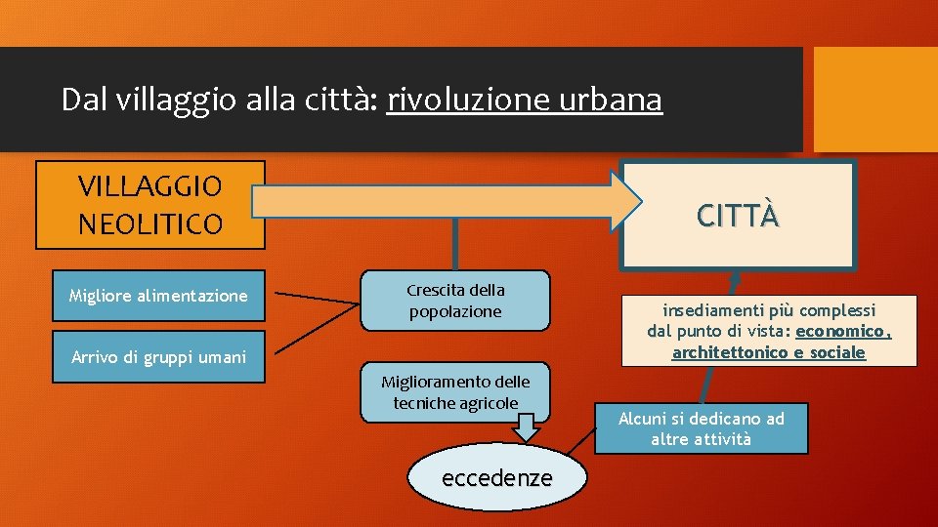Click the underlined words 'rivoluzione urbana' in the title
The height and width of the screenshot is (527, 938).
click(x=524, y=100)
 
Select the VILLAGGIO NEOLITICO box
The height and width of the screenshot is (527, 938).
click(x=150, y=205)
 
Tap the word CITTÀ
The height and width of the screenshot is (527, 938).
click(x=738, y=215)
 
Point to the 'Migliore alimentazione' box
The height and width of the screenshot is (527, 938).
click(x=158, y=296)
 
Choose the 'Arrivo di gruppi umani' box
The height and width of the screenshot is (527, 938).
click(x=158, y=357)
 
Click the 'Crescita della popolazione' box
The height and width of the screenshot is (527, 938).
click(x=455, y=301)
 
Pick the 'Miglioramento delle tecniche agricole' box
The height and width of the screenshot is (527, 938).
click(x=455, y=392)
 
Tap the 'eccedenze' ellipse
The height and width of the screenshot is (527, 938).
click(x=497, y=478)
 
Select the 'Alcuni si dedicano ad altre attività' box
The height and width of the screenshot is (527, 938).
click(x=701, y=428)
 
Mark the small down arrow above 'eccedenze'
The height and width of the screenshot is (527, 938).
click(x=528, y=426)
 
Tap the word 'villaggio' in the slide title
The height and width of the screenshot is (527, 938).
click(x=147, y=100)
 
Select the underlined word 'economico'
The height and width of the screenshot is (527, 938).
click(x=842, y=331)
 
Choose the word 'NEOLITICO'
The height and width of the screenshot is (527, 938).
click(x=150, y=224)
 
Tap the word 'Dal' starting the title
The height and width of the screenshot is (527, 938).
click(x=79, y=100)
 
